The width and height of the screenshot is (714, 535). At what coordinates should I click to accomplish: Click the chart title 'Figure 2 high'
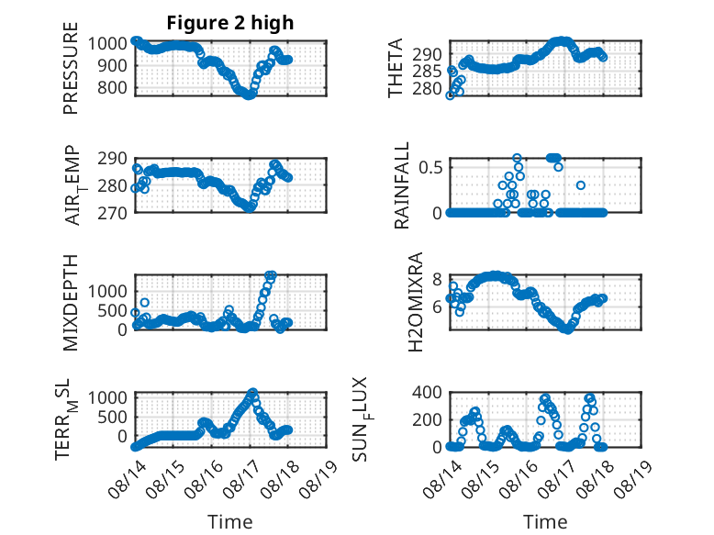230,23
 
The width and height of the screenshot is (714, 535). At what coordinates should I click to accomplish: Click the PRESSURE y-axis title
71,68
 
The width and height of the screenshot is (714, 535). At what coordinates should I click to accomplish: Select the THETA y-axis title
396,68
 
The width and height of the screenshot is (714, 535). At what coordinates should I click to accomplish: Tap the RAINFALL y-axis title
402,185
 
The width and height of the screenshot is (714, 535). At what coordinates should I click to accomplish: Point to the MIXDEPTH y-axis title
71,303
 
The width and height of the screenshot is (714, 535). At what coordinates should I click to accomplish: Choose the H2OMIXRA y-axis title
416,302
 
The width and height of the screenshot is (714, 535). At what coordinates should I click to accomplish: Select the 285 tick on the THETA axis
427,72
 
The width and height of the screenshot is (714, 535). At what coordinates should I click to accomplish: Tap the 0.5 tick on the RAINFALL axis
430,167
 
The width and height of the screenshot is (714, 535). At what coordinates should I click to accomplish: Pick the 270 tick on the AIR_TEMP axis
112,213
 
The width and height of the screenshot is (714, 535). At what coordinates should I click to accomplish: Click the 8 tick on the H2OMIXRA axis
437,279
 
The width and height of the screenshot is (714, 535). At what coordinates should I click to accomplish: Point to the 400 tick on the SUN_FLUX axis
427,392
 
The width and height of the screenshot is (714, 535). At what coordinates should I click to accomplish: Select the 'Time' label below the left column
230,522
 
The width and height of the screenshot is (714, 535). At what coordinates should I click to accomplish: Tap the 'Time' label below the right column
545,522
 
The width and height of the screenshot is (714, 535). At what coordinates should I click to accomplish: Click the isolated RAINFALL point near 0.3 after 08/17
581,185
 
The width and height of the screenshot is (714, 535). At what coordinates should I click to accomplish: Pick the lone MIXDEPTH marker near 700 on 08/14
145,302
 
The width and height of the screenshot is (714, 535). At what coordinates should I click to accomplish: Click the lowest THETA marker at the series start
450,95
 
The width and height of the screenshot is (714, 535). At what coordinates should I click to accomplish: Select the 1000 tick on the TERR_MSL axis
107,397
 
